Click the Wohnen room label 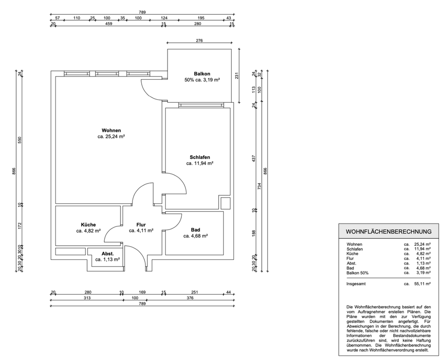(x=111, y=130)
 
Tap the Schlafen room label (x=199, y=157)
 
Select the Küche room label (x=88, y=224)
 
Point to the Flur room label (x=141, y=224)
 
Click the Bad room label (x=196, y=230)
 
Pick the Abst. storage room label (x=108, y=254)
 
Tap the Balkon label (x=202, y=74)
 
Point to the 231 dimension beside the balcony (x=237, y=76)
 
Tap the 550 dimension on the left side (x=19, y=140)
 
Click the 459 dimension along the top (x=109, y=24)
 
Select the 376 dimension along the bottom (x=190, y=298)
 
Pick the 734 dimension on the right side (x=259, y=186)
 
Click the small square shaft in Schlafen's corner (x=226, y=203)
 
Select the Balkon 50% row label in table (x=358, y=273)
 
